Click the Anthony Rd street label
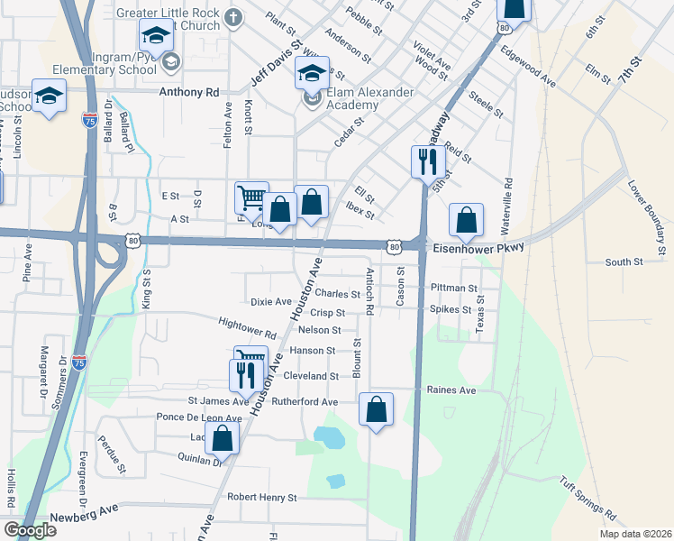(189, 92)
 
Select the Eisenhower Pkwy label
(478, 244)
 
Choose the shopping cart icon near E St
(251, 197)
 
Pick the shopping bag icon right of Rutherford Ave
(377, 408)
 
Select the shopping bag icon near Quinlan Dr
(222, 439)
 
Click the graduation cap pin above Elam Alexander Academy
(312, 74)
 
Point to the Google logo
(30, 530)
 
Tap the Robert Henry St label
(261, 497)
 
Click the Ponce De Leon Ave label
(199, 418)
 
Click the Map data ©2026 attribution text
(633, 533)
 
